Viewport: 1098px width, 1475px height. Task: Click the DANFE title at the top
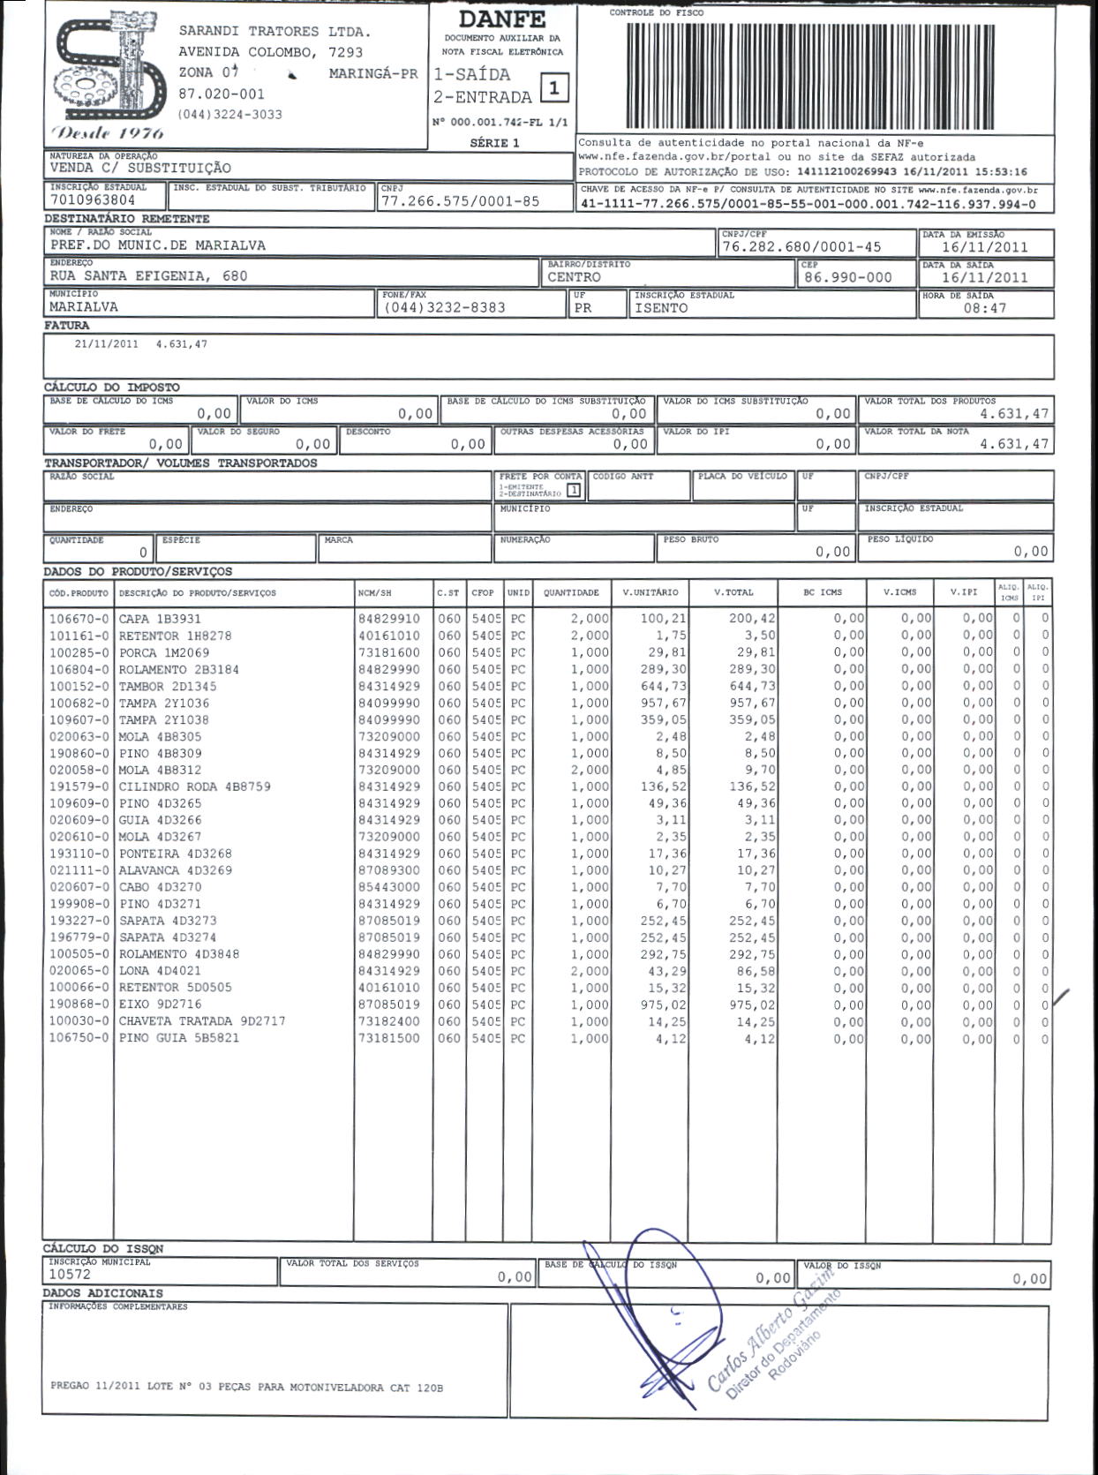502,19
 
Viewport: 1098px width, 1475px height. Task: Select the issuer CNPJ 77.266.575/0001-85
460,201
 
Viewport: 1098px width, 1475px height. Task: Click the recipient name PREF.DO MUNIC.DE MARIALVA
157,245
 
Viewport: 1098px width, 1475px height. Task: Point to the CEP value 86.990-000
848,277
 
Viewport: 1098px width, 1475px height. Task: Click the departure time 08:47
984,308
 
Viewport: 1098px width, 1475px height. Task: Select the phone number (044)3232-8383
444,307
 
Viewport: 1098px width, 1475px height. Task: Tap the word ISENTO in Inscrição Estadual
660,308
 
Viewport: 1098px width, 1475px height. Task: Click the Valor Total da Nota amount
1014,444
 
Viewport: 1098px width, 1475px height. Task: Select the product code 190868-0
79,1005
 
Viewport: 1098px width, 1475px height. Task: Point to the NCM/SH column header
375,593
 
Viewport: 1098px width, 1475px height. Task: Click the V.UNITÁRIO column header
651,592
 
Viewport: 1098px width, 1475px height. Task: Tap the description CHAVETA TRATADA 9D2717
202,1021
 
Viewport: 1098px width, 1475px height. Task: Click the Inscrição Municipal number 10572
70,1275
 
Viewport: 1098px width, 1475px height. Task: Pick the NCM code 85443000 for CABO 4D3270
389,887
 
